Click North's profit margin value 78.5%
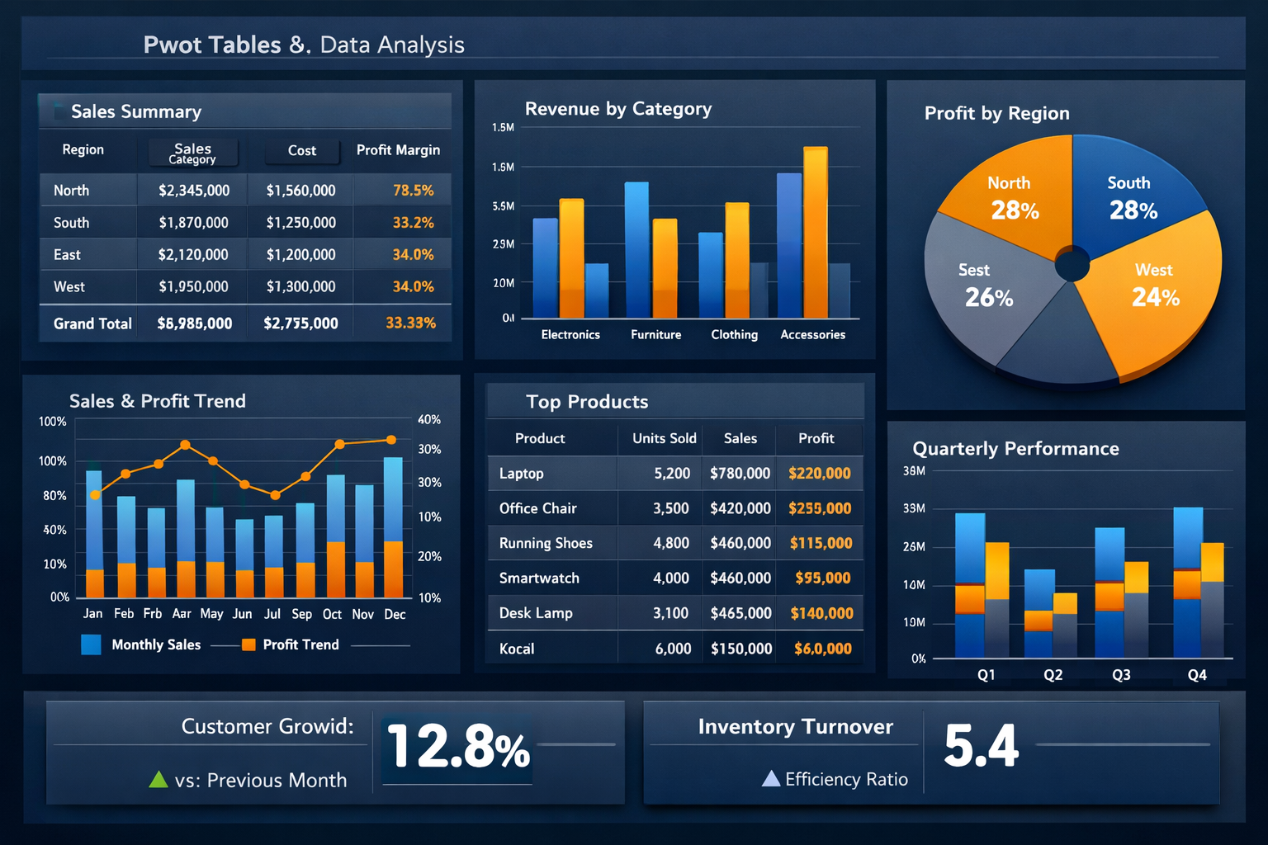click(413, 191)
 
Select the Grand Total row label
click(92, 323)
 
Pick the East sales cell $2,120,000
click(193, 255)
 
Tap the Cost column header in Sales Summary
click(301, 150)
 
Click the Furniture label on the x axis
click(655, 334)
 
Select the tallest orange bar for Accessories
click(815, 231)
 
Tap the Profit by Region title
click(996, 113)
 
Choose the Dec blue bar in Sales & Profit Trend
click(393, 499)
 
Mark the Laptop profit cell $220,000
click(819, 474)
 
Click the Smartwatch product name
click(539, 578)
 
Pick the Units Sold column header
click(664, 438)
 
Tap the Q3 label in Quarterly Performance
click(1121, 675)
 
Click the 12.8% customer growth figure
click(458, 748)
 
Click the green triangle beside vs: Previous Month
click(158, 779)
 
